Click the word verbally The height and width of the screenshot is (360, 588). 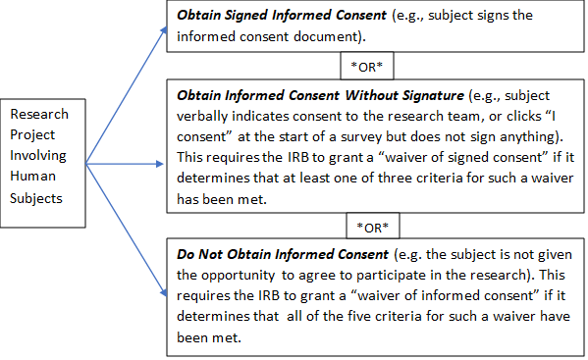click(204, 119)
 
